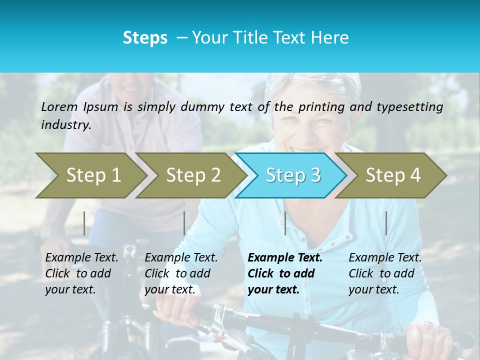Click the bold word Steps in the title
[145, 38]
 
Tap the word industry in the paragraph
[65, 125]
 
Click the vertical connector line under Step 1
[84, 223]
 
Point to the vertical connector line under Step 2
[184, 223]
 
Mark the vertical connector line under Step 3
[285, 223]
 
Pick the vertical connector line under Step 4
[386, 223]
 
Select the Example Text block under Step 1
[81, 273]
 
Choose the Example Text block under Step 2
[181, 273]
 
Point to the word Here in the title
[331, 38]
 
